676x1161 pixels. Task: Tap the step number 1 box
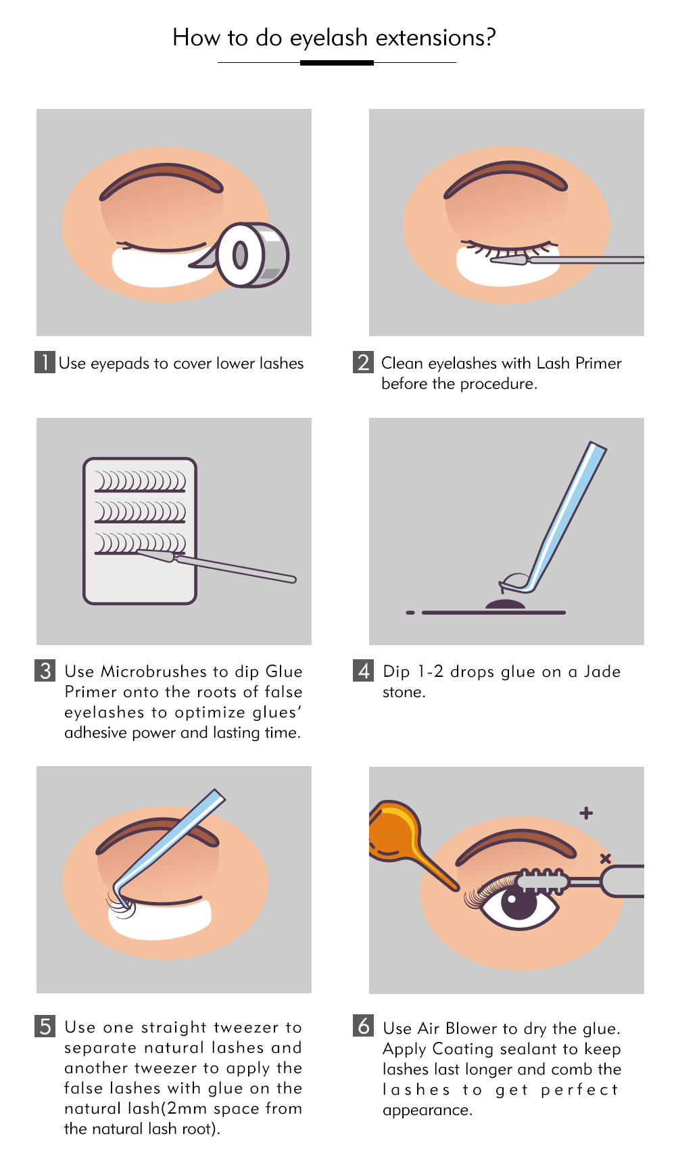45,362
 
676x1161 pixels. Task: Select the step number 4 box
364,671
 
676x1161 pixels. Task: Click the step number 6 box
364,1026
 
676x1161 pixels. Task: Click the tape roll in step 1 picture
250,256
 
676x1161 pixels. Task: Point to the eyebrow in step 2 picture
506,176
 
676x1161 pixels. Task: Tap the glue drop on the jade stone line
505,605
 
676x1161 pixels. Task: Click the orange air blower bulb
392,832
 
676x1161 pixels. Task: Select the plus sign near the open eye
586,813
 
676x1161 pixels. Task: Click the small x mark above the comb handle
606,858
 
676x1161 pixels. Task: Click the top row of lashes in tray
140,482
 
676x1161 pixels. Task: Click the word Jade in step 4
602,671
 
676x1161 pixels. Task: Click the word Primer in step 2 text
598,363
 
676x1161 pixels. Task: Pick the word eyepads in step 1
120,364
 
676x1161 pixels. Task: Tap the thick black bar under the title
337,63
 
